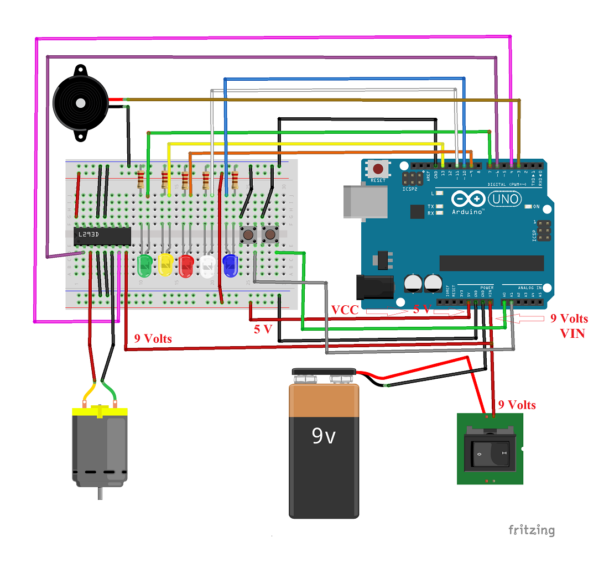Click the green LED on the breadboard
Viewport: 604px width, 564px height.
(144, 265)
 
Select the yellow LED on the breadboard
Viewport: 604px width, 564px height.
(165, 265)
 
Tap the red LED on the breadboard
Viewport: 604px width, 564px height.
(186, 265)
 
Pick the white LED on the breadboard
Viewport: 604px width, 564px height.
(208, 265)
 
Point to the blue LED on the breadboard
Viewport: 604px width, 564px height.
(230, 265)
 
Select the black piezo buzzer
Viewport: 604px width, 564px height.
(80, 103)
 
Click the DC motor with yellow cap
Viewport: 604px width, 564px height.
(100, 448)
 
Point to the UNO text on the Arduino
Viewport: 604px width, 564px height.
(505, 199)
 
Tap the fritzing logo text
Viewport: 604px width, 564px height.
(531, 530)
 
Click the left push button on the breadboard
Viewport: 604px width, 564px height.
(249, 235)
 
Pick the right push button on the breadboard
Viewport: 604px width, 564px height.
(270, 235)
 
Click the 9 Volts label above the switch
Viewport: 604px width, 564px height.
(517, 405)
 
